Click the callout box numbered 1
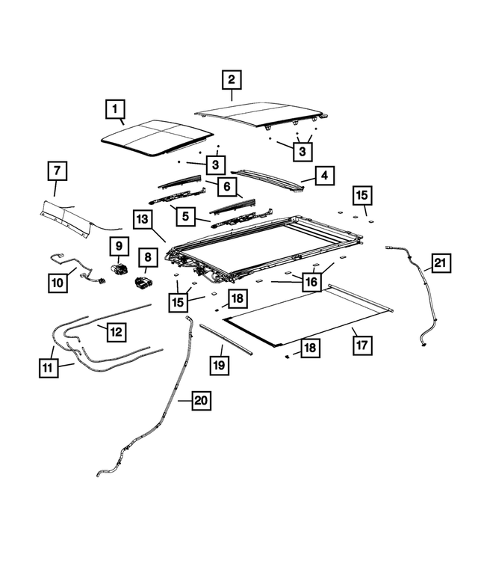pos(115,112)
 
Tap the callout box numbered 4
pos(324,176)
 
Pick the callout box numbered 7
pos(56,171)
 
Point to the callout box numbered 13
pos(143,219)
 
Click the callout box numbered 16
pos(311,281)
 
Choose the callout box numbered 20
pos(199,401)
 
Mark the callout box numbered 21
pos(440,262)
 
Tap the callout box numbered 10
pos(58,282)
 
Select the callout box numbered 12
pos(116,331)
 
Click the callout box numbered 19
pos(219,366)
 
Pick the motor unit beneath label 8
pos(144,283)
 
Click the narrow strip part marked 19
pos(226,336)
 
